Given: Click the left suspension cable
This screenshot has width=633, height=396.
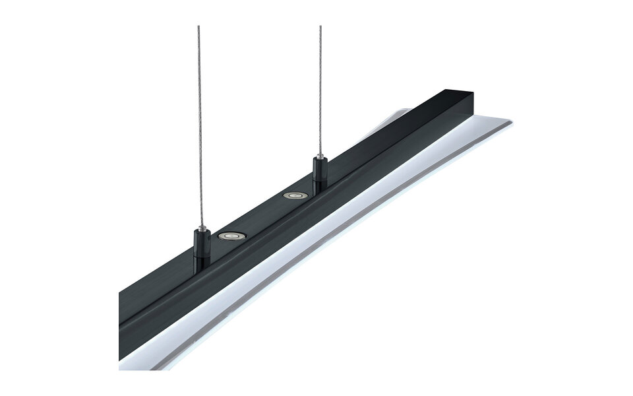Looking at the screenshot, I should tap(198, 132).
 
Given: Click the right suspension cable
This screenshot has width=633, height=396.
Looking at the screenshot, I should tap(320, 92).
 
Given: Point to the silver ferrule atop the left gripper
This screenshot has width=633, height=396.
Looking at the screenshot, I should tap(198, 228).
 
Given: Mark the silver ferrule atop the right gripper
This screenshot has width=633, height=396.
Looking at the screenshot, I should tap(321, 158).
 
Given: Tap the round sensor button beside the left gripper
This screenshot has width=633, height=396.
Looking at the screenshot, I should tap(230, 236).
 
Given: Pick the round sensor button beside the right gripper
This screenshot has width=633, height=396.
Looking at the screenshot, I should tap(293, 195).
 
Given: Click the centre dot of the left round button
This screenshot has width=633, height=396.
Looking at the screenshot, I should tap(230, 236).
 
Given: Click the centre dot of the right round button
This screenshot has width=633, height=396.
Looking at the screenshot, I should tap(293, 195).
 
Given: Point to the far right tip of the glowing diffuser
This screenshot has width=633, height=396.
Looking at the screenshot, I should tap(511, 124).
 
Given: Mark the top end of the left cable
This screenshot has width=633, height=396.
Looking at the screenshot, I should tap(198, 27).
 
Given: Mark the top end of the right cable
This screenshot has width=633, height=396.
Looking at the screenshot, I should tap(320, 27).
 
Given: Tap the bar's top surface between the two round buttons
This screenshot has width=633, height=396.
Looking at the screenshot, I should tap(262, 215).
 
